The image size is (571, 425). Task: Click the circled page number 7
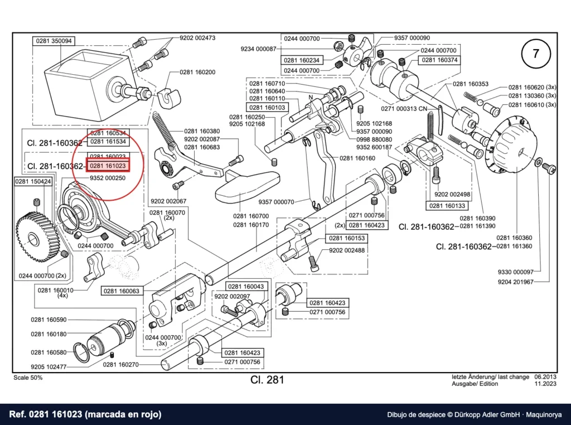536,54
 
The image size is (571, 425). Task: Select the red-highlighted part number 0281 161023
108,166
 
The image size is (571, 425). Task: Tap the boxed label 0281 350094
54,41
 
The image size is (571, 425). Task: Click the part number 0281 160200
197,72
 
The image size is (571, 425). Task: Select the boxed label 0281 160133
447,206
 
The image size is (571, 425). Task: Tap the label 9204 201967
516,282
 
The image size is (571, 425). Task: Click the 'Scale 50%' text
28,378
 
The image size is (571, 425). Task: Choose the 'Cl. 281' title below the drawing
267,380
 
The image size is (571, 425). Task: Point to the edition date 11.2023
545,384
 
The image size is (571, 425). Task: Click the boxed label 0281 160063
121,291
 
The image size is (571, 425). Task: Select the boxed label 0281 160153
347,238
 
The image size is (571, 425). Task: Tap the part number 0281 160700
251,216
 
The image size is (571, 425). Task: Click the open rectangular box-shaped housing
88,84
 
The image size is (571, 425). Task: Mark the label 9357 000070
276,202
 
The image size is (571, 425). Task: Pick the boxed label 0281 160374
439,60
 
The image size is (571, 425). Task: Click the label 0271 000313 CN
404,109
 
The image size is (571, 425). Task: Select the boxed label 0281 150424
33,181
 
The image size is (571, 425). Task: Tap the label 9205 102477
49,367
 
